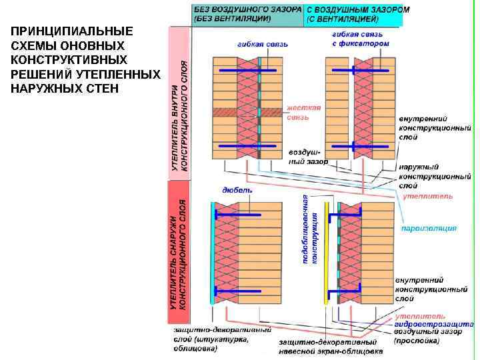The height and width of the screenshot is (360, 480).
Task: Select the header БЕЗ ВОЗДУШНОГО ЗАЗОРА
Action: (x=247, y=11)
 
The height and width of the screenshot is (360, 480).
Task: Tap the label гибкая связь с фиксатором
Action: (x=360, y=38)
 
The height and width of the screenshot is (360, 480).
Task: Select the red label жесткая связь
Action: (x=303, y=112)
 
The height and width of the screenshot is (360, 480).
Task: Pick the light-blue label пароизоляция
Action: (x=429, y=229)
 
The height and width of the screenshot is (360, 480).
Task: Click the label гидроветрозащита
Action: (x=433, y=324)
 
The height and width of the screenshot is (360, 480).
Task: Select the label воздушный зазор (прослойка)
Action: (x=427, y=336)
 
